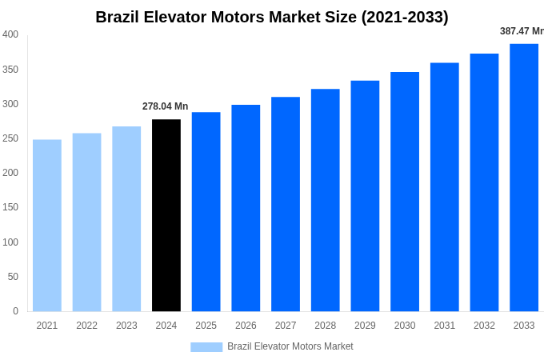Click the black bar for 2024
(166, 215)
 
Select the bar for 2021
(47, 226)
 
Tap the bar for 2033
(524, 178)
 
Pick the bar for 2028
(326, 200)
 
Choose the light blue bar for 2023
(126, 218)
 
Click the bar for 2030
(405, 192)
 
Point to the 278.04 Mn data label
(166, 106)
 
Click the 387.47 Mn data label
(522, 31)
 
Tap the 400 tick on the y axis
(10, 34)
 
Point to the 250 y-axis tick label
(10, 138)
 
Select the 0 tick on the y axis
(15, 311)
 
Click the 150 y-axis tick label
(10, 207)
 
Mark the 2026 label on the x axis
(246, 326)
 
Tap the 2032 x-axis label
(484, 326)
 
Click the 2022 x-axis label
(86, 326)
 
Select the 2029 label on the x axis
(365, 326)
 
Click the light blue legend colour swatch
(206, 346)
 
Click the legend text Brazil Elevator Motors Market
(290, 346)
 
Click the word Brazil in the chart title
(118, 17)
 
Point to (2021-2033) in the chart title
(405, 17)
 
